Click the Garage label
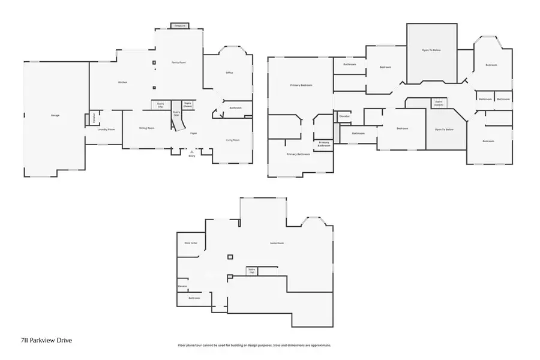55,115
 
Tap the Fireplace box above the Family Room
179,26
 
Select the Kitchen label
122,82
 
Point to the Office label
229,73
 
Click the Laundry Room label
107,129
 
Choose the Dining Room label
147,128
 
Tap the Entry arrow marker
192,152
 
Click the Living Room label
232,140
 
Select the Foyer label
194,133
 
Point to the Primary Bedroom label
298,86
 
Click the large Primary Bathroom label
298,154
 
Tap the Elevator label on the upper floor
344,115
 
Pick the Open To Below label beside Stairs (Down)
444,130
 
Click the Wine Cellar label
191,243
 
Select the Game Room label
277,243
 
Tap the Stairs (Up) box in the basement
252,271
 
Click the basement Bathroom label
194,298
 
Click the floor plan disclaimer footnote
254,346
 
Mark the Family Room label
179,62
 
